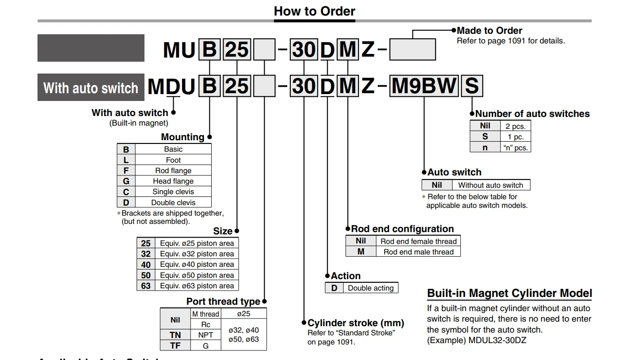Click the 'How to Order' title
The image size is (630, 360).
(315, 11)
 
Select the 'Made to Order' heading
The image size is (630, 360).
(489, 30)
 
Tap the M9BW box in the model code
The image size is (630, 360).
(424, 86)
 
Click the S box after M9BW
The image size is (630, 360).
(472, 86)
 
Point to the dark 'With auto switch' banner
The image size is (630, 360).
(91, 87)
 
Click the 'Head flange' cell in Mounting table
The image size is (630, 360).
(173, 181)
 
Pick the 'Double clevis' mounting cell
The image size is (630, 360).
(173, 202)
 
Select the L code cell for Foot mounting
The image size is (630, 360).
(126, 160)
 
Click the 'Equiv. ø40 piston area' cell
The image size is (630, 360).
(197, 265)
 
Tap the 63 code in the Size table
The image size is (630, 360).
(146, 286)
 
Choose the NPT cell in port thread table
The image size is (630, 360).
(206, 335)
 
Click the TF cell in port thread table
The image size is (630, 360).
(175, 345)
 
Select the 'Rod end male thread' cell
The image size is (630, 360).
(418, 252)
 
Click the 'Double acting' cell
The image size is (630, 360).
(371, 288)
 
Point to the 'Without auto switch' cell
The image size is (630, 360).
(491, 185)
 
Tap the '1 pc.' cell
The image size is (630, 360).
(516, 137)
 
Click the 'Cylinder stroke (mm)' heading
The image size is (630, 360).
(356, 323)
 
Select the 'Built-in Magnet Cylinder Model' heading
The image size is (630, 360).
(509, 293)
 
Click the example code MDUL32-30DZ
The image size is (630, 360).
(497, 340)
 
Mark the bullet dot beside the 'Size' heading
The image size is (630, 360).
(237, 231)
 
